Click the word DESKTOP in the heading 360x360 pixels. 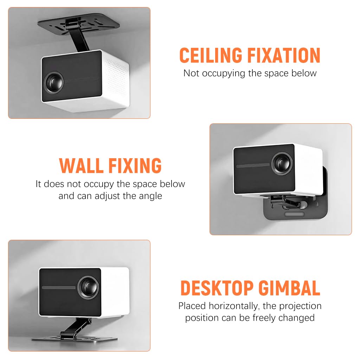[217, 288]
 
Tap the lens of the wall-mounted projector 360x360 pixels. [282, 162]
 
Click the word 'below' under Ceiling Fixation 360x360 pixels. [305, 73]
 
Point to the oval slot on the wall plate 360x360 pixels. [295, 214]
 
